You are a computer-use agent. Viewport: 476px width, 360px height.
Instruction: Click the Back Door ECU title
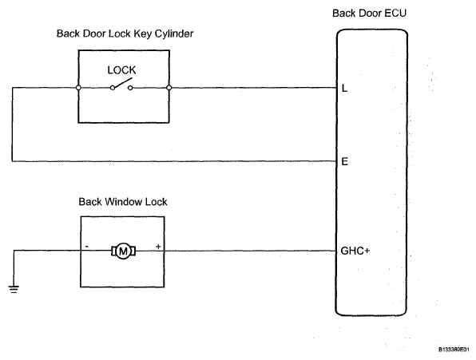pos(369,14)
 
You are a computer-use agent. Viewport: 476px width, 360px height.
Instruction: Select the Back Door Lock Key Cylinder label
pos(125,34)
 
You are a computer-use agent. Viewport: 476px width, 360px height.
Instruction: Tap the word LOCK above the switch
pos(121,70)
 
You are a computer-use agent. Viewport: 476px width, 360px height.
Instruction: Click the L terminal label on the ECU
pos(344,89)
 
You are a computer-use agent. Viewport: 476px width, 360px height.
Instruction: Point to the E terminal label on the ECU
pos(345,161)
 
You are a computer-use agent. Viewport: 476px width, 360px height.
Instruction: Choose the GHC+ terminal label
pos(355,251)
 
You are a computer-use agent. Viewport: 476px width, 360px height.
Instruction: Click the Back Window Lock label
pos(123,202)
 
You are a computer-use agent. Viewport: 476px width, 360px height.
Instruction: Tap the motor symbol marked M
pos(123,251)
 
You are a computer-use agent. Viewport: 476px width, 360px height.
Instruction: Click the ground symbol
pos(14,289)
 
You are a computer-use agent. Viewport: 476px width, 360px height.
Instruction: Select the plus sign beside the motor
pos(158,247)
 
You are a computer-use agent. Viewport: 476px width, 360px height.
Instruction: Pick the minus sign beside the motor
pos(87,247)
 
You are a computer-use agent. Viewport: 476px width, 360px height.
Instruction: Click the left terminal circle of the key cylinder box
pos(78,88)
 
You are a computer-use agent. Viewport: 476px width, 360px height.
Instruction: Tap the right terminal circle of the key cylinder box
pos(169,88)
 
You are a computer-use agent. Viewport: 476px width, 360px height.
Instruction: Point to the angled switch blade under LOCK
pos(123,83)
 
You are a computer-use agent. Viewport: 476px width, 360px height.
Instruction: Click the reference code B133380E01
pos(454,350)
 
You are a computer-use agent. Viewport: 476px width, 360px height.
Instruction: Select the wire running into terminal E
pos(175,161)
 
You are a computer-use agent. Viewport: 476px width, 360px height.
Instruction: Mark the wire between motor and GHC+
pos(236,251)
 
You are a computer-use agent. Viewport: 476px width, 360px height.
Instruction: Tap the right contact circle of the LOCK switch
pos(130,88)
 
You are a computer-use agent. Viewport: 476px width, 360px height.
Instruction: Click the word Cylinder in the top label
pos(174,34)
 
